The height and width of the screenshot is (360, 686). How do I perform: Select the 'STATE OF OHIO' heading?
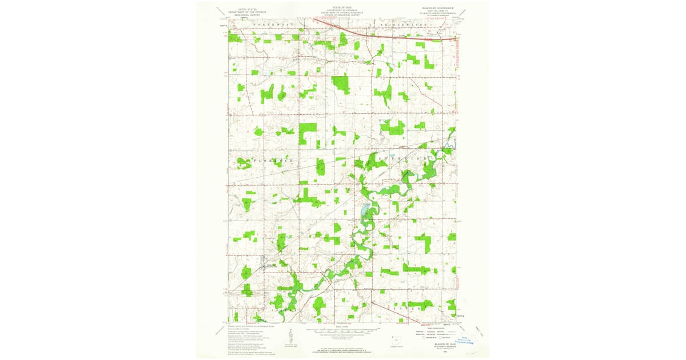click(341, 7)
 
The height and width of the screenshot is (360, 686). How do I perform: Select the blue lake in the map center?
click(364, 212)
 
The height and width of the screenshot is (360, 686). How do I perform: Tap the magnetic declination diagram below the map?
click(290, 335)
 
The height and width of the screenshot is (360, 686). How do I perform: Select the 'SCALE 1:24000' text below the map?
click(341, 326)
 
